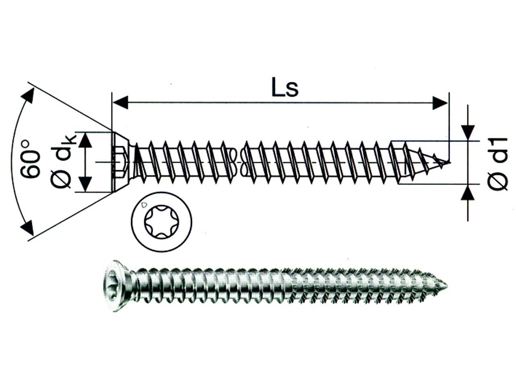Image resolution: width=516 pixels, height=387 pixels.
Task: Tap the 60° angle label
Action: pos(31,159)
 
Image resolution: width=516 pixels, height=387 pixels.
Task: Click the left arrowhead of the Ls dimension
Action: pos(121,102)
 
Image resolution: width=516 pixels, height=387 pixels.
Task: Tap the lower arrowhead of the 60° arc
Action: pos(27,228)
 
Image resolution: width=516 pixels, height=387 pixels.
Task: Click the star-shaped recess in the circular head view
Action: pos(162,222)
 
